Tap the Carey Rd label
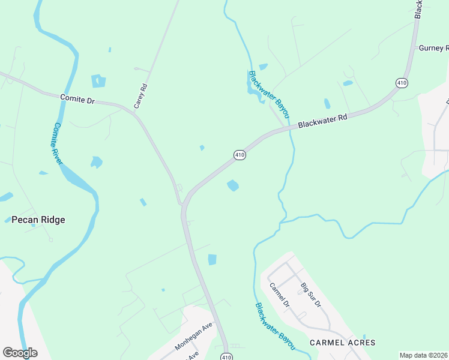pos(140,95)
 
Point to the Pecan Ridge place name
pos(38,220)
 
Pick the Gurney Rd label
pos(433,48)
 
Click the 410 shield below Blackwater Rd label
pos(240,155)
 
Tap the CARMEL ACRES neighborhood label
pos(342,343)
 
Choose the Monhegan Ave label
pos(194,337)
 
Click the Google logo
pos(20,352)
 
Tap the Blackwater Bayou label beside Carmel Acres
pos(275,326)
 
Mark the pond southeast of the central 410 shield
pos(233,186)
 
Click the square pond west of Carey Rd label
pos(98,81)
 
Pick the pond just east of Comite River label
pos(96,162)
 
